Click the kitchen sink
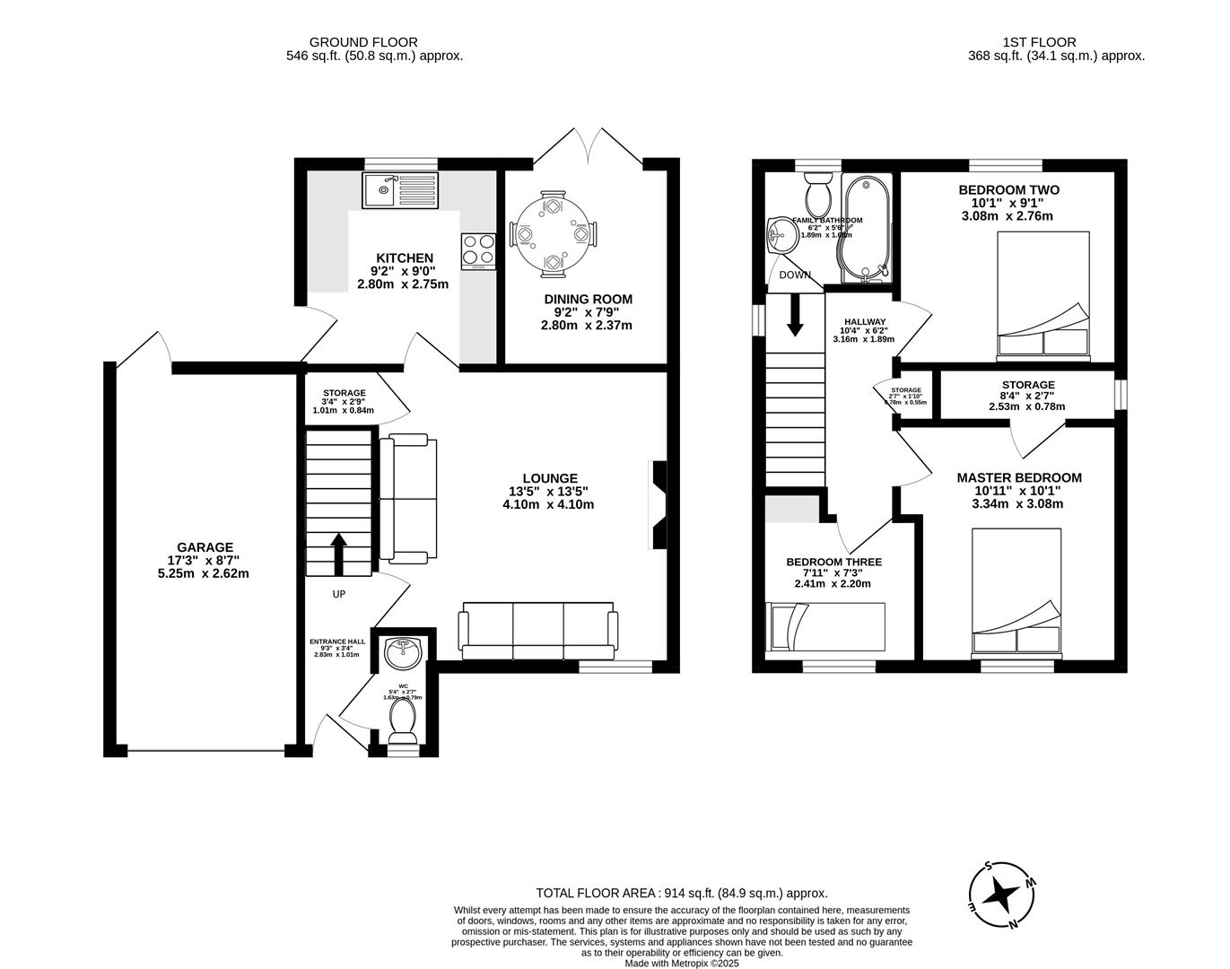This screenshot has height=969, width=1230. tap(402, 190)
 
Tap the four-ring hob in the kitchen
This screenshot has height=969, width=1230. tap(479, 250)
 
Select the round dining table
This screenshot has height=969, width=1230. tap(551, 233)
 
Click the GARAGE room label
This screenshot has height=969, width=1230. tap(205, 547)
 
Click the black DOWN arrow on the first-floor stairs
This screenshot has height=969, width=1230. tap(794, 316)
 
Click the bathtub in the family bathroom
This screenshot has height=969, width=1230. tap(866, 227)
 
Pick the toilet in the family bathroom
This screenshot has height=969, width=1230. tap(818, 193)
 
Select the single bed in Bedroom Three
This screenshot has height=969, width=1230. tap(824, 626)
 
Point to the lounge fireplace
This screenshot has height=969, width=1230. tap(658, 504)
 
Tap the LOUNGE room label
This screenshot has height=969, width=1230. tap(551, 478)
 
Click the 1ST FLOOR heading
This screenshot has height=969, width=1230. tap(1039, 42)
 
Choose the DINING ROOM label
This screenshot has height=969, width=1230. tap(588, 299)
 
